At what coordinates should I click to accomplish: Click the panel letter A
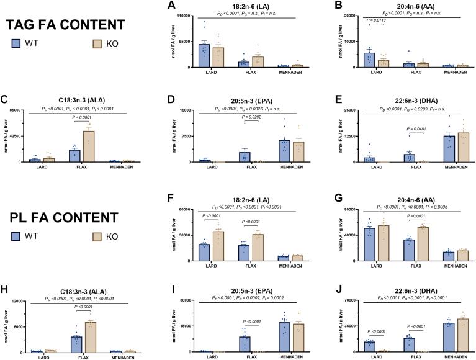pyautogui.click(x=178, y=4)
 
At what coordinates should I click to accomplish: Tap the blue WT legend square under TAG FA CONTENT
pyautogui.click(x=17, y=44)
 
